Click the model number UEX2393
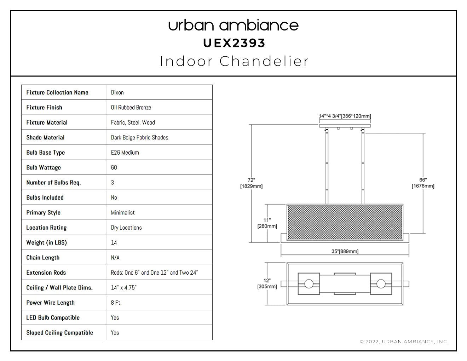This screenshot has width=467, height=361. point(234,43)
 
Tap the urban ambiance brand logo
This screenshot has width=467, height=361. point(233,25)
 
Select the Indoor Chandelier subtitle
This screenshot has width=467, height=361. point(234,61)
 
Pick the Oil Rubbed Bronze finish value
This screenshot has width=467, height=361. point(131,108)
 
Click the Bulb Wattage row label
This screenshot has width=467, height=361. point(44,168)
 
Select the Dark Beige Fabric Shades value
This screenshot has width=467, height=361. point(139,138)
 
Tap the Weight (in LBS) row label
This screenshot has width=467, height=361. point(46,242)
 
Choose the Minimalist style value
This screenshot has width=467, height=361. point(123,213)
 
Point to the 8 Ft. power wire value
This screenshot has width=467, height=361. point(116,303)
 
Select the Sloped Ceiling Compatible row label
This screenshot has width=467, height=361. point(59,333)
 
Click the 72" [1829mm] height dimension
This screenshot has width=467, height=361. point(252,183)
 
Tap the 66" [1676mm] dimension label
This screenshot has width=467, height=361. point(423,183)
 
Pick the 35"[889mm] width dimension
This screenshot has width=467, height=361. point(345,251)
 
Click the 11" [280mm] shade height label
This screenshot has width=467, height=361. point(267,223)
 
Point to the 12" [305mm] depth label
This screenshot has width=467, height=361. point(267,283)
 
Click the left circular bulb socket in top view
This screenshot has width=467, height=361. point(309,284)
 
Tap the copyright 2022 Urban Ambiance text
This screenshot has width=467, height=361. point(404,342)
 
